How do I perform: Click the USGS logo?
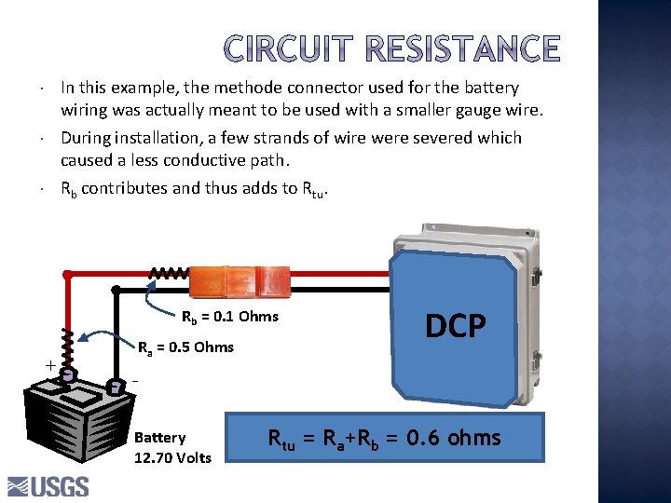tap(48, 486)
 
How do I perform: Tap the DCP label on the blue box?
tap(456, 326)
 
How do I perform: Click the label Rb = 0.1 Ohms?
tap(229, 316)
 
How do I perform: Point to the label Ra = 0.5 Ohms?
tap(185, 347)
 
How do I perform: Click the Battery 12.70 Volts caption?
tap(172, 447)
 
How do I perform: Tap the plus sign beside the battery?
tap(48, 366)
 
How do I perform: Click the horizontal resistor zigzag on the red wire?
tap(170, 274)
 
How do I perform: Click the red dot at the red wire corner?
tap(66, 275)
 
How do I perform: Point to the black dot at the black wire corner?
tap(116, 290)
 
